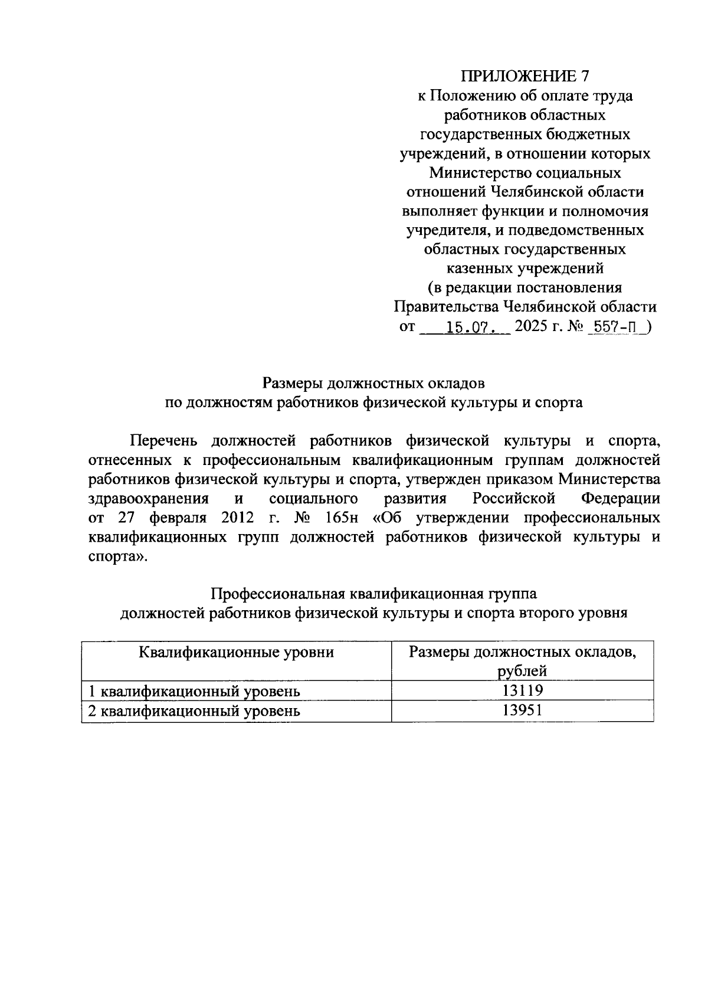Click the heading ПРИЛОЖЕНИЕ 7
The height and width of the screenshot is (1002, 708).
[525, 76]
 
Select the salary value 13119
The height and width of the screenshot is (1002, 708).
[522, 690]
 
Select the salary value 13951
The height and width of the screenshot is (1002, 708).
[522, 710]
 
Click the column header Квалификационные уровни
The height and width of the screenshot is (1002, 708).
[236, 652]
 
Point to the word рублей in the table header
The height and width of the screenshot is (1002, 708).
[522, 671]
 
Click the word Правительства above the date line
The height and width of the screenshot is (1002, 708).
[446, 307]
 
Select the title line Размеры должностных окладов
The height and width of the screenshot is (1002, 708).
[373, 384]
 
